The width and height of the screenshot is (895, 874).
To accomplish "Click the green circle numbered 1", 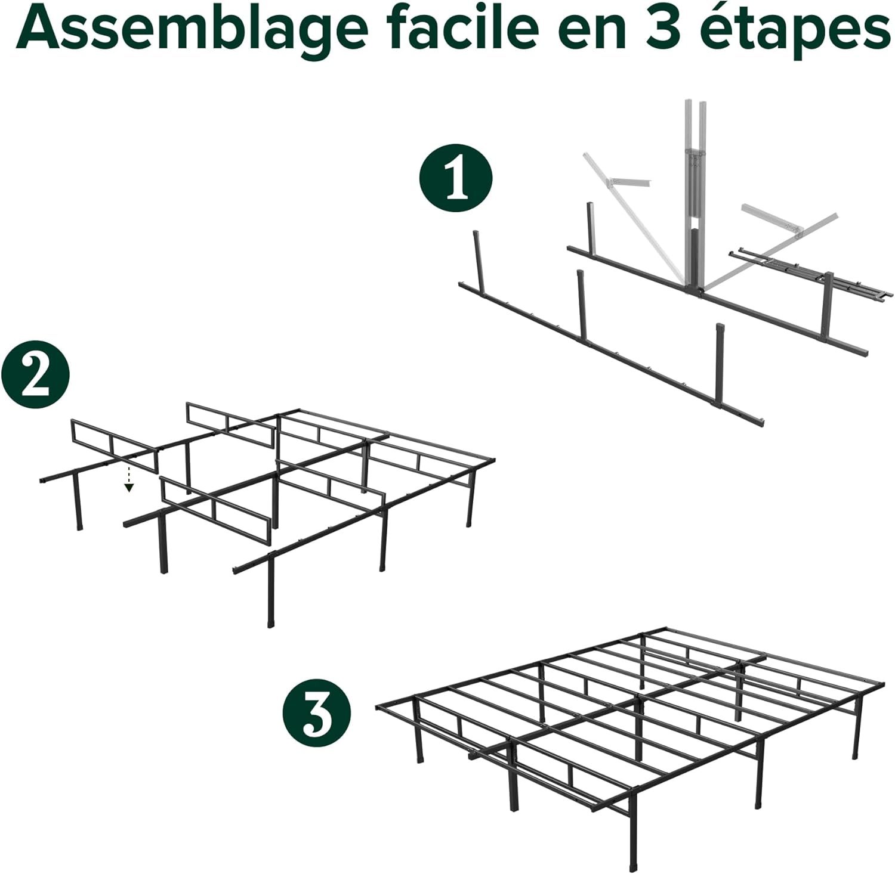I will [x=456, y=177].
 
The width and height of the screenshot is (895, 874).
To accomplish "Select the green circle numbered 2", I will [x=35, y=376].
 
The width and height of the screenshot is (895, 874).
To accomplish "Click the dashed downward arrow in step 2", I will [x=129, y=481].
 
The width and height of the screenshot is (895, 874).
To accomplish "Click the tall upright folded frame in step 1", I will [x=694, y=197].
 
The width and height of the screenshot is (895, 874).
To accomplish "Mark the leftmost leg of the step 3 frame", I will [x=419, y=736].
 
